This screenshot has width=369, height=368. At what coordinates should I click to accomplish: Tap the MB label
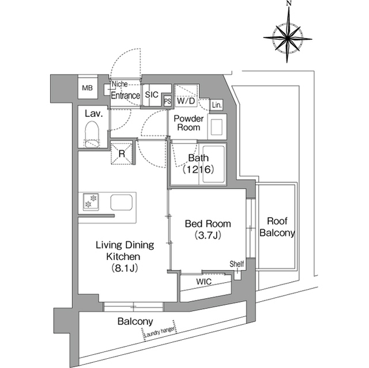(87, 88)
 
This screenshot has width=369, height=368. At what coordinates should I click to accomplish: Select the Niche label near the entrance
(119, 84)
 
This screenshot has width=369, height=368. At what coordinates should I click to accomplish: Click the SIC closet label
(152, 94)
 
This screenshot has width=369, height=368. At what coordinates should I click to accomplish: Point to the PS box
(168, 101)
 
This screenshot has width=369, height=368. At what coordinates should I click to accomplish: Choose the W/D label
(186, 101)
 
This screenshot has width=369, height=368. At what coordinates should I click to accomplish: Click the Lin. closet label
(217, 105)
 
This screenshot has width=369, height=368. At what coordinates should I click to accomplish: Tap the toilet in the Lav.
(92, 134)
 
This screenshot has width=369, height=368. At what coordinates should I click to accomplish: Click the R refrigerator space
(122, 153)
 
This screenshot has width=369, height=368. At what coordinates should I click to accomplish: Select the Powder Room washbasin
(217, 127)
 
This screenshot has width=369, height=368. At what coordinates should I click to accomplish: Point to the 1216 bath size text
(198, 169)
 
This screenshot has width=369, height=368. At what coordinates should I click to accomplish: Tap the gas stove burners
(91, 201)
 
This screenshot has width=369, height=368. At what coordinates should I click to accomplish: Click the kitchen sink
(122, 202)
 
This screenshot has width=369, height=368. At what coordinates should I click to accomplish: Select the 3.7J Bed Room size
(208, 236)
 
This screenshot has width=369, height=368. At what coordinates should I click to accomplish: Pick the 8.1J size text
(125, 268)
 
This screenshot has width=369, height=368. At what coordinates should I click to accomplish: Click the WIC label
(204, 282)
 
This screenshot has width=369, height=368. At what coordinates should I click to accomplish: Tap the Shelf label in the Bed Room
(237, 264)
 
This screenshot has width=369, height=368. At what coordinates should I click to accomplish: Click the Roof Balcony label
(277, 227)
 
